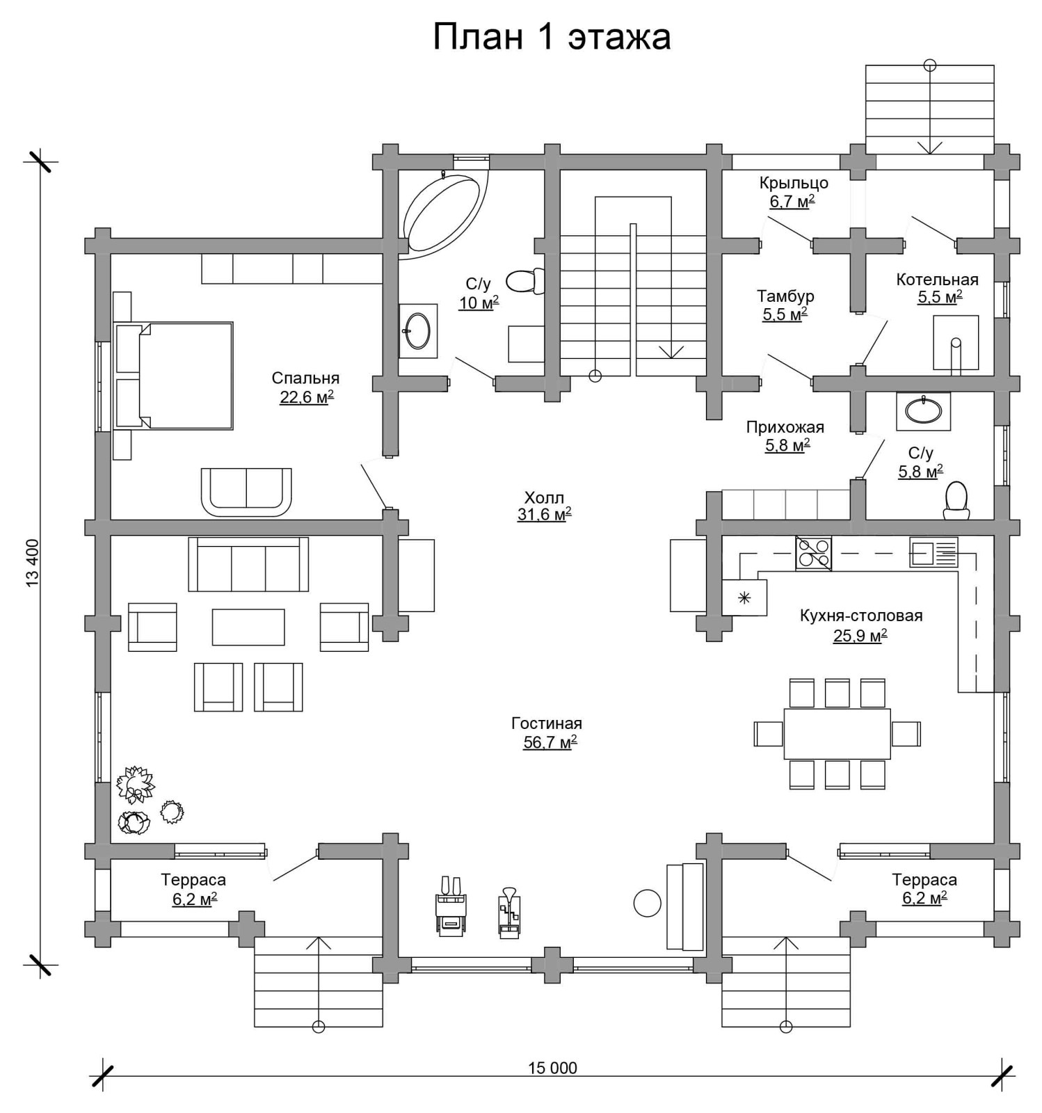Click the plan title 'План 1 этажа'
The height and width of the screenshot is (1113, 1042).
(x=552, y=37)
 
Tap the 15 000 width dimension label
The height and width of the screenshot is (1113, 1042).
(x=552, y=1067)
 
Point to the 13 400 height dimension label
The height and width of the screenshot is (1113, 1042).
(x=33, y=563)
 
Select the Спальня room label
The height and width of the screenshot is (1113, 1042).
(x=305, y=378)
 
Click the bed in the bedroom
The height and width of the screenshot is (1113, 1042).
(x=174, y=376)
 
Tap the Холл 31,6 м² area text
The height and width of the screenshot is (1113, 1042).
(x=545, y=514)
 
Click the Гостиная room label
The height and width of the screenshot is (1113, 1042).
(x=547, y=723)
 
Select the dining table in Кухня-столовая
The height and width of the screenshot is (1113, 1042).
(x=837, y=734)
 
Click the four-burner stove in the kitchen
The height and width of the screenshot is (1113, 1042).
(x=814, y=554)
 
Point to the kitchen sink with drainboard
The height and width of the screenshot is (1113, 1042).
(x=933, y=552)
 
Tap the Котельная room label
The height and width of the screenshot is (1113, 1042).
(x=937, y=280)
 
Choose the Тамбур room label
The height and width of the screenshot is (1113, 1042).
(x=785, y=296)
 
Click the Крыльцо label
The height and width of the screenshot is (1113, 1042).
(x=794, y=183)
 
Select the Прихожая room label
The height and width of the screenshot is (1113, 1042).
(x=785, y=427)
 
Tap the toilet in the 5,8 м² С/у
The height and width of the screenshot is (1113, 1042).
(x=956, y=501)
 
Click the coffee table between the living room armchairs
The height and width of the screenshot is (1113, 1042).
(x=248, y=627)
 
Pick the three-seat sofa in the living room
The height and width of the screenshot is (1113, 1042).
(x=248, y=564)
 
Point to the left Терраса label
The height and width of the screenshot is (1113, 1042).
(x=193, y=880)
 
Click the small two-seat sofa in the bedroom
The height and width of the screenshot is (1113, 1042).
(x=246, y=492)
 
